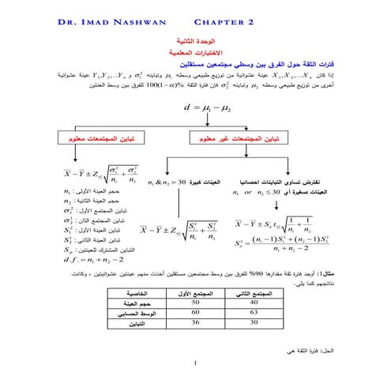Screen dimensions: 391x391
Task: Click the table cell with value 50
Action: click(194, 302)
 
